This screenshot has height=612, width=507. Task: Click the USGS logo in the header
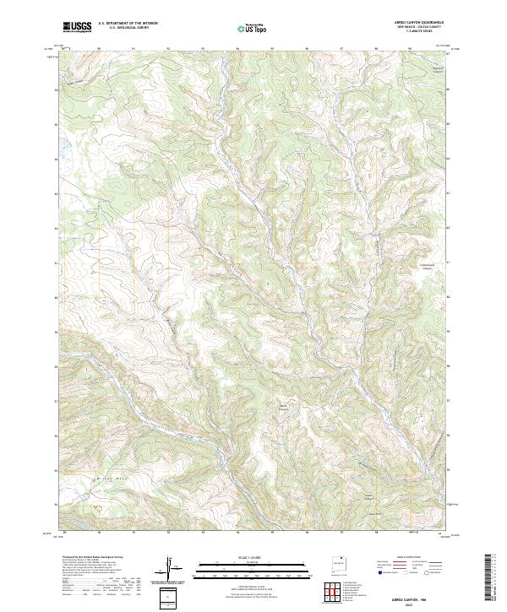click(x=77, y=27)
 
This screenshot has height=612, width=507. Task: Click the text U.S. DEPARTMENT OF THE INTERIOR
click(x=128, y=24)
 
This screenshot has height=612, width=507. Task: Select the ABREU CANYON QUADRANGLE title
click(x=417, y=23)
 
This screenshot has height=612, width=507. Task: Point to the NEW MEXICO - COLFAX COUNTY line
click(x=417, y=27)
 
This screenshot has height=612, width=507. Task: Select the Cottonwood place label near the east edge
click(x=431, y=263)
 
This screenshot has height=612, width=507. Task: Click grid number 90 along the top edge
click(x=100, y=48)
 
